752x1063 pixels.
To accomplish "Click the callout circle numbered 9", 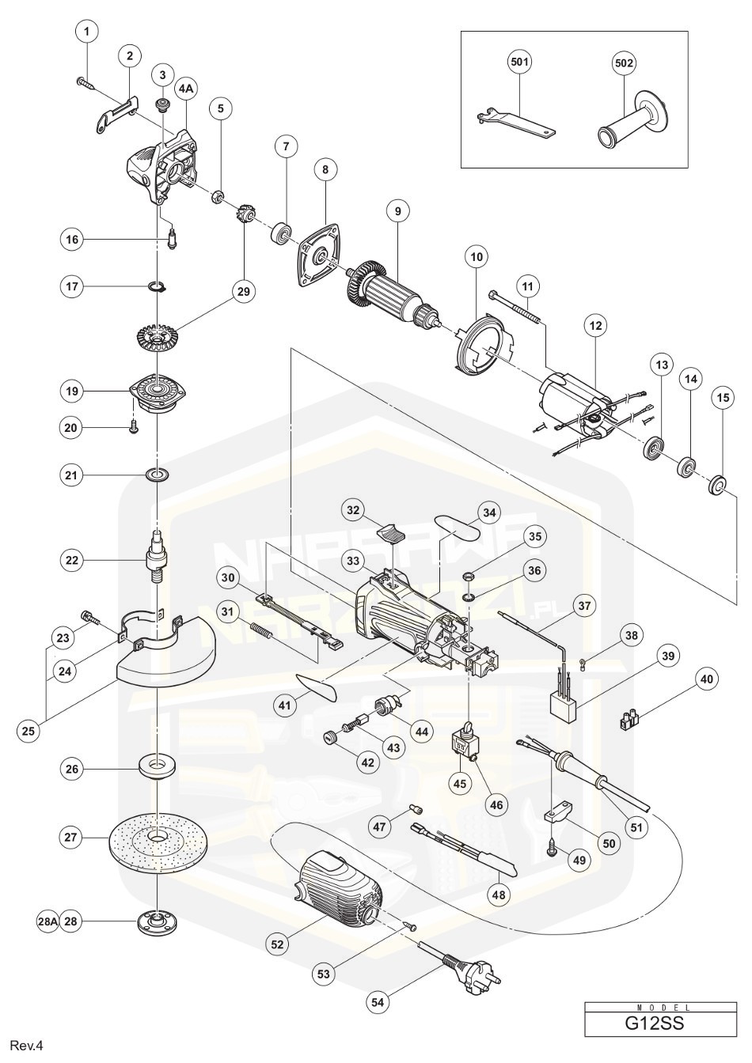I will (x=398, y=211).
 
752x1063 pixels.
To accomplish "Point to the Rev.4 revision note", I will (x=25, y=1046).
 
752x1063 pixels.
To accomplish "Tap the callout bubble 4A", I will (x=185, y=90).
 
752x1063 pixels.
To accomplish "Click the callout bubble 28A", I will (x=48, y=922).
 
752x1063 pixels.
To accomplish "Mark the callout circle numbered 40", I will (x=706, y=678).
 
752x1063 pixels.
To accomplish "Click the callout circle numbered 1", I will (x=87, y=32).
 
